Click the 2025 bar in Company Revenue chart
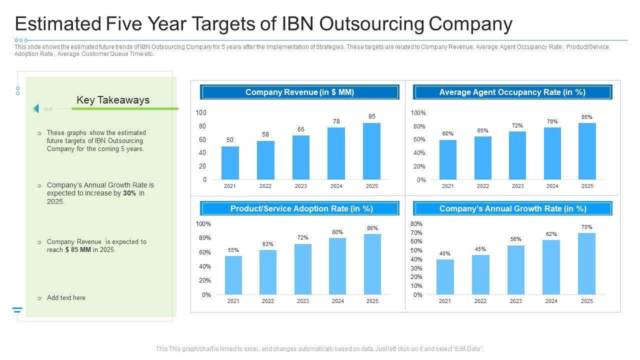pyautogui.click(x=371, y=151)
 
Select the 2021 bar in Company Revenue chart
pyautogui.click(x=230, y=163)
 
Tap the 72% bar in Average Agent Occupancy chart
pyautogui.click(x=517, y=155)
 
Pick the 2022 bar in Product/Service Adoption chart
pyautogui.click(x=268, y=272)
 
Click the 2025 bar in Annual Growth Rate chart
pyautogui.click(x=587, y=264)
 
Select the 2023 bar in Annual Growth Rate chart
pyautogui.click(x=516, y=270)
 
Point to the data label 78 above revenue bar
pyautogui.click(x=336, y=121)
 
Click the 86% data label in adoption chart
pyautogui.click(x=372, y=228)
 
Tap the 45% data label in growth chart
pyautogui.click(x=480, y=249)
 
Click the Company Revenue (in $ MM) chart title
pyautogui.click(x=300, y=92)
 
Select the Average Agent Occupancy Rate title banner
pyautogui.click(x=512, y=92)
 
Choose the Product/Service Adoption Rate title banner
pyautogui.click(x=300, y=208)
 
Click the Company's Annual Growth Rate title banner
pyautogui.click(x=512, y=208)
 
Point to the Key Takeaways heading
pyautogui.click(x=113, y=100)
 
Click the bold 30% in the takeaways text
pyautogui.click(x=129, y=193)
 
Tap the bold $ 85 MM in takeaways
pyautogui.click(x=78, y=250)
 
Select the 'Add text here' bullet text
pyautogui.click(x=66, y=298)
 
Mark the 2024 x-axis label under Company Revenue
pyautogui.click(x=336, y=186)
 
